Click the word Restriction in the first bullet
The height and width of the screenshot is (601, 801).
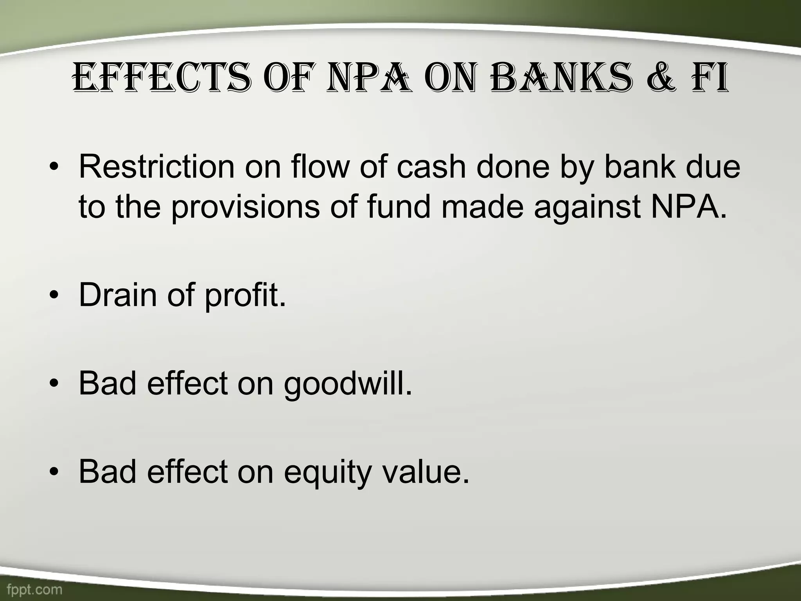pos(156,167)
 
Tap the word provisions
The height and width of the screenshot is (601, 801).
pos(245,207)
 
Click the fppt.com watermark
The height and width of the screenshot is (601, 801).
pos(34,589)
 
